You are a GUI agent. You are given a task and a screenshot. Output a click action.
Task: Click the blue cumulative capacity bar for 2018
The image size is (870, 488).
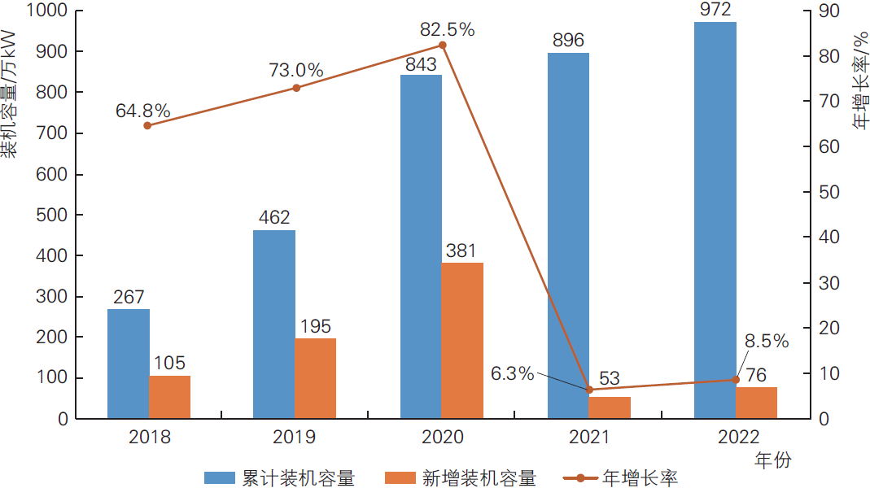(x=129, y=364)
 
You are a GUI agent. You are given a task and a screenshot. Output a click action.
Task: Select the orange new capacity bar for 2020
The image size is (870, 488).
(x=462, y=340)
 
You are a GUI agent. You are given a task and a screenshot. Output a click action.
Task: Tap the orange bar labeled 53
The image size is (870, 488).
(x=610, y=407)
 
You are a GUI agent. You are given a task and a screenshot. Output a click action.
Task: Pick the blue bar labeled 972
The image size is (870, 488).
(x=715, y=220)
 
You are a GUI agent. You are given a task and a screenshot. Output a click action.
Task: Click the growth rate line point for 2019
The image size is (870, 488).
(x=296, y=88)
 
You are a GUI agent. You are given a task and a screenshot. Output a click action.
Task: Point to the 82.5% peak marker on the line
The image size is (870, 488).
(x=443, y=45)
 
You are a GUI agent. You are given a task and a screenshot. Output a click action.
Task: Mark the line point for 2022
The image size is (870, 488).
(x=736, y=380)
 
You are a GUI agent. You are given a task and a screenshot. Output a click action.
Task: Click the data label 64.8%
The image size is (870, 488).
(x=143, y=110)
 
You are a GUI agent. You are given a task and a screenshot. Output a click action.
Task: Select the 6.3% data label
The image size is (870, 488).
(x=513, y=373)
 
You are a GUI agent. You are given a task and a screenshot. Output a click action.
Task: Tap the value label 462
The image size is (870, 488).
(x=274, y=218)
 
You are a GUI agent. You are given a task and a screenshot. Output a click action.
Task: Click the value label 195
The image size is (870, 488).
(x=315, y=326)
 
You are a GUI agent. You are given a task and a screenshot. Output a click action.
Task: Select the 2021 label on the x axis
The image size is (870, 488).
(x=589, y=437)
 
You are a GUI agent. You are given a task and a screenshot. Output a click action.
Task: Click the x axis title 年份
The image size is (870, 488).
(x=772, y=460)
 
